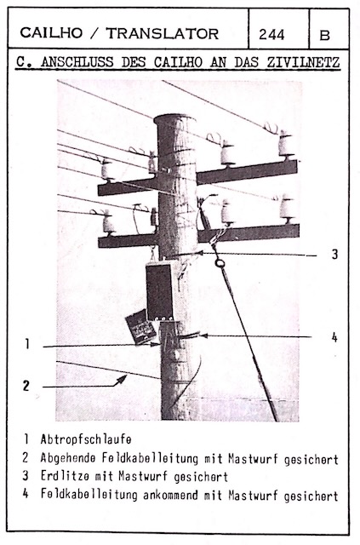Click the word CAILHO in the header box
coord(51,33)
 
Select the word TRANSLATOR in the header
coord(163,33)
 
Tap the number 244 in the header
coord(271,34)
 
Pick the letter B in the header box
coord(324,35)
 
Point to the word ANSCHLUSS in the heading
coord(77,62)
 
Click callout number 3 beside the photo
coord(334,254)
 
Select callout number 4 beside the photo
coord(334,337)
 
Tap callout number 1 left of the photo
coord(27,344)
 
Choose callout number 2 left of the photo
coord(26,386)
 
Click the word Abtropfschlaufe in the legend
coord(86,439)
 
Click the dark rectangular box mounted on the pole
coord(159,291)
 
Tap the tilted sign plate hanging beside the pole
coord(140,326)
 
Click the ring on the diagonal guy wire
coord(220,263)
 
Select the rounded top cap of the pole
coord(174,119)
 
